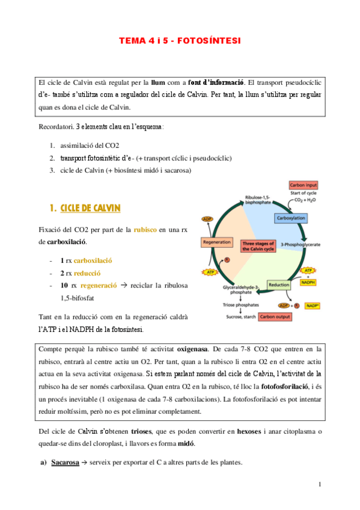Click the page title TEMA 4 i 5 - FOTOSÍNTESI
click(180, 41)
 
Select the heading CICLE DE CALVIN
click(90, 208)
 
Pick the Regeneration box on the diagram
click(217, 242)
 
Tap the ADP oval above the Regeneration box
click(207, 219)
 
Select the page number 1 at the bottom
click(320, 485)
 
